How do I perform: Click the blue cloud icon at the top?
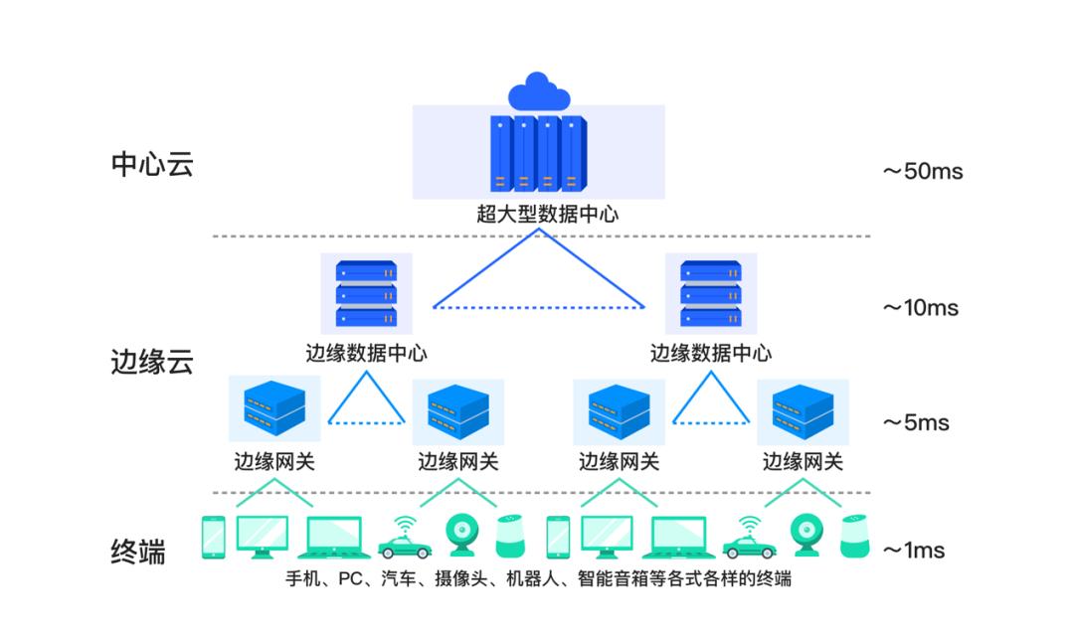tap(539, 91)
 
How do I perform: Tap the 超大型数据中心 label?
tap(539, 214)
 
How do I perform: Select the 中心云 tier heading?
tap(151, 163)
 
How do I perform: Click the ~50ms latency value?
tap(923, 171)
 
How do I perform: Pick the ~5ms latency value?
tap(916, 423)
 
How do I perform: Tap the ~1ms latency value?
tap(914, 551)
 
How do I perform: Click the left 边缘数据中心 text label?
tap(366, 353)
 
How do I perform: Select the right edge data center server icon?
tap(710, 293)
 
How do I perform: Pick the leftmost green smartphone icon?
tap(213, 537)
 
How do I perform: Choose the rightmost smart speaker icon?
tap(852, 537)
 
